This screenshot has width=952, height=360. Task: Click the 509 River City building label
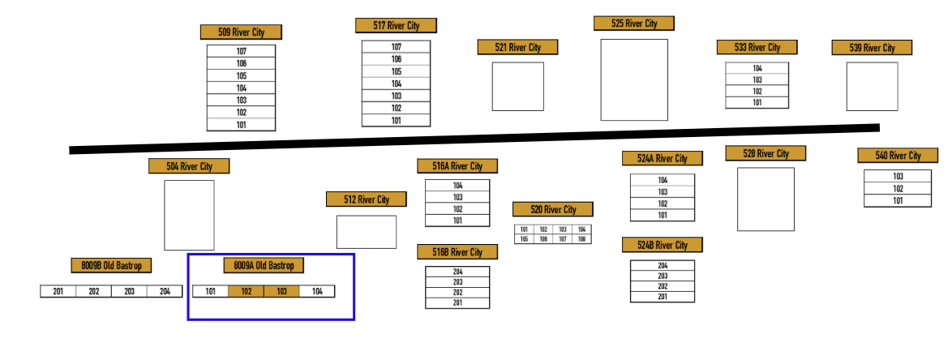[x=242, y=32]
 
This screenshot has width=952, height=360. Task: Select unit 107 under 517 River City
[x=396, y=47]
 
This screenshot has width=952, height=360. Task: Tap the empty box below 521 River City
[x=517, y=87]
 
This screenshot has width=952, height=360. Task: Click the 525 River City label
[x=634, y=24]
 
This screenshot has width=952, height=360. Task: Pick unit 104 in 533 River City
[x=757, y=68]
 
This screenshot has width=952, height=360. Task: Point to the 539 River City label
[x=872, y=48]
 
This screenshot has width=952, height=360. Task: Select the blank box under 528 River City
[x=765, y=199]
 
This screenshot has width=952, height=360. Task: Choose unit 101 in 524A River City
[x=663, y=216]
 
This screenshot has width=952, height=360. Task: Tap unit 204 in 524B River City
[x=663, y=266]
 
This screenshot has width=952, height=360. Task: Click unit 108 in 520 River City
[x=581, y=239]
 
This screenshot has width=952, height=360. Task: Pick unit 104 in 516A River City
[x=457, y=186]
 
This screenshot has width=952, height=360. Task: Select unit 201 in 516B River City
[x=457, y=303]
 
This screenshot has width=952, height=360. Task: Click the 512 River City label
[x=367, y=199]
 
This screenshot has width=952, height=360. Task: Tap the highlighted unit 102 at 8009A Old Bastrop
[x=246, y=292]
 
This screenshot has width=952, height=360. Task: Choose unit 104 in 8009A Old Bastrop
[x=317, y=292]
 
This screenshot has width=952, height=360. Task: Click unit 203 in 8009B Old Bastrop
[x=129, y=292]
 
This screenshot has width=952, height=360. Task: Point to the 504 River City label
[x=189, y=166]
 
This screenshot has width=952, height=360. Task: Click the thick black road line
[x=474, y=139]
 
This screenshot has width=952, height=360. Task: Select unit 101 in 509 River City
[x=241, y=125]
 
